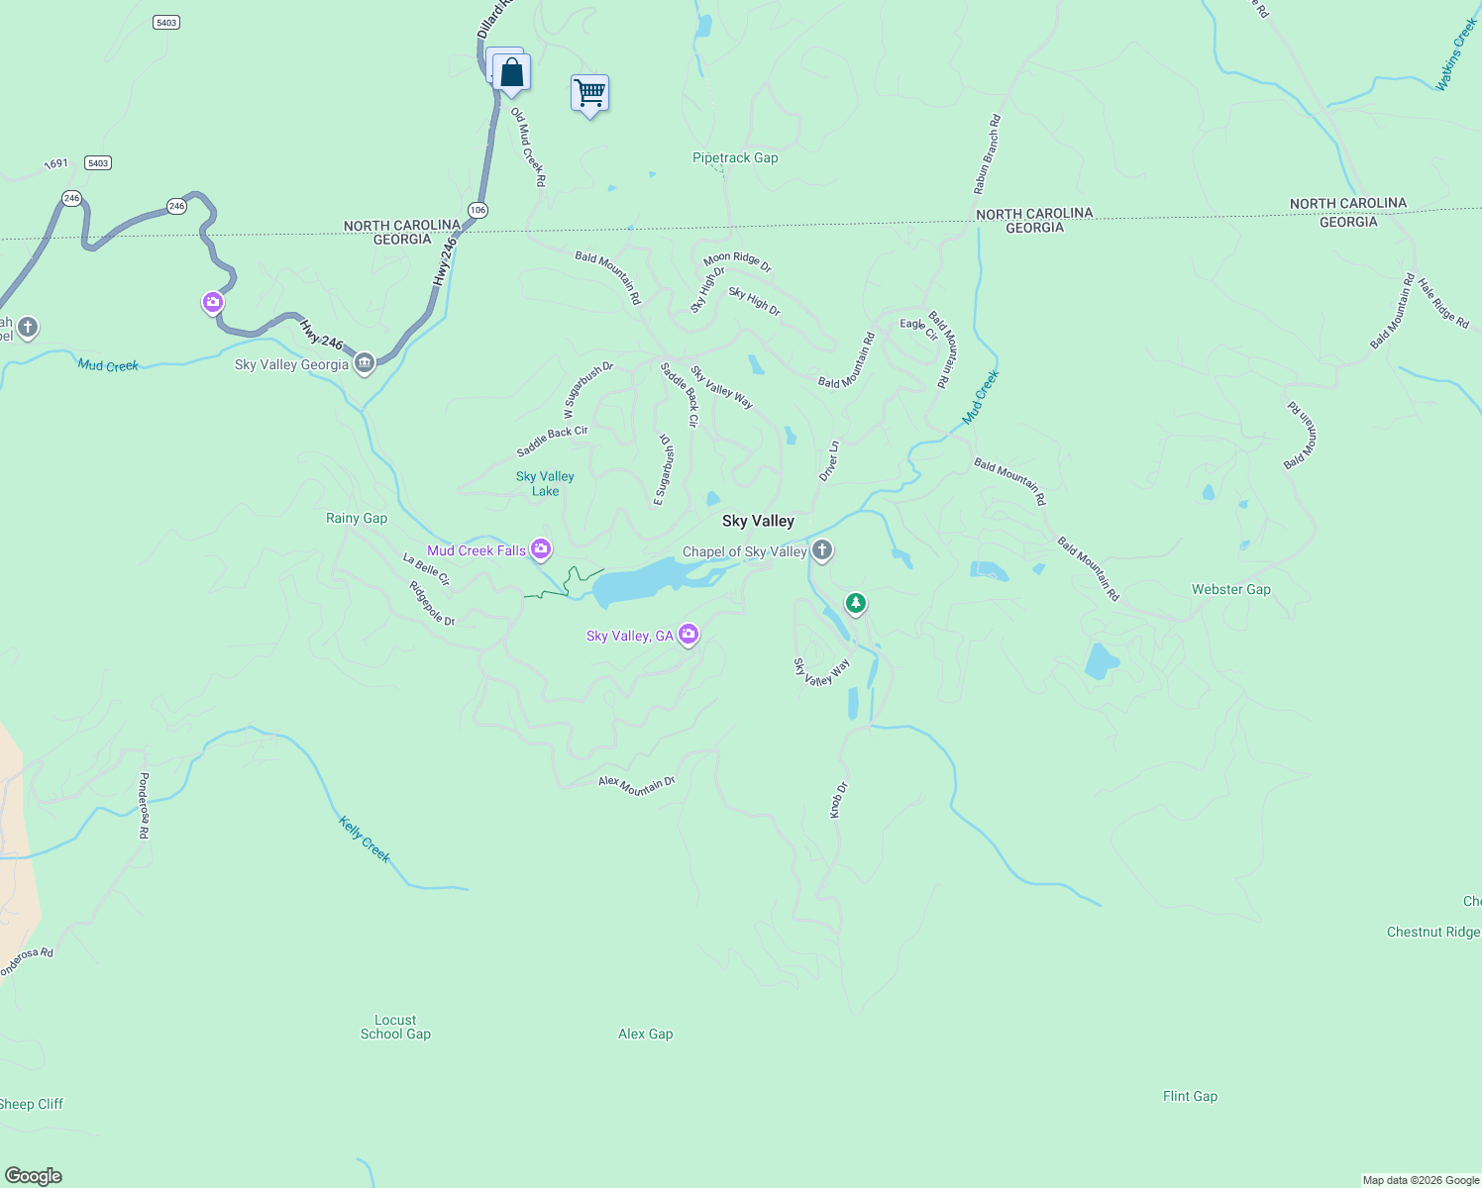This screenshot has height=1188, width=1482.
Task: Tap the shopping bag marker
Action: click(x=511, y=73)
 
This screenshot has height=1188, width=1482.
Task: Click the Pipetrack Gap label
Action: click(x=735, y=157)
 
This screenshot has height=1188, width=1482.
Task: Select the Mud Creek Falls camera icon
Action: click(x=541, y=548)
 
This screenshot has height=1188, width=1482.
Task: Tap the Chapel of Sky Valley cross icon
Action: click(x=821, y=549)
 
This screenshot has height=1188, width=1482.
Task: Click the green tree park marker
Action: click(x=855, y=602)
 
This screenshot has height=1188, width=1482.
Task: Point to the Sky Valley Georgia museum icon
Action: click(x=365, y=363)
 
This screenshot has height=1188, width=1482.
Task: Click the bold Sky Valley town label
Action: click(x=758, y=521)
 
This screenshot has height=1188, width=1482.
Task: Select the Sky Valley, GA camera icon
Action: click(x=688, y=634)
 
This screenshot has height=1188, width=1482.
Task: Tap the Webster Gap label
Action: click(x=1230, y=589)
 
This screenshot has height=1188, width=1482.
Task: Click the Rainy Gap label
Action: click(x=357, y=518)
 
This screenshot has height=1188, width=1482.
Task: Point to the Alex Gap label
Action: click(x=645, y=1034)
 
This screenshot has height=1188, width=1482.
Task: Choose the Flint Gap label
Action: click(x=1190, y=1096)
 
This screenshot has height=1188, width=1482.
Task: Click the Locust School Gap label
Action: click(x=395, y=1027)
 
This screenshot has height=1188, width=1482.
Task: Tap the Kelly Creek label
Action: click(x=365, y=840)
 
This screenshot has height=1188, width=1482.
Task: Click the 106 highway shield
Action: click(x=478, y=210)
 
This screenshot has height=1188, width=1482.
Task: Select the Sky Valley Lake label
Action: click(x=545, y=483)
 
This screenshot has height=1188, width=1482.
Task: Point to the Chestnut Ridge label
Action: click(x=1432, y=932)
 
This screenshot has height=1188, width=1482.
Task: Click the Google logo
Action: click(x=34, y=1176)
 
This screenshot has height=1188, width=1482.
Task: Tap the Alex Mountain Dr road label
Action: click(x=636, y=786)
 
